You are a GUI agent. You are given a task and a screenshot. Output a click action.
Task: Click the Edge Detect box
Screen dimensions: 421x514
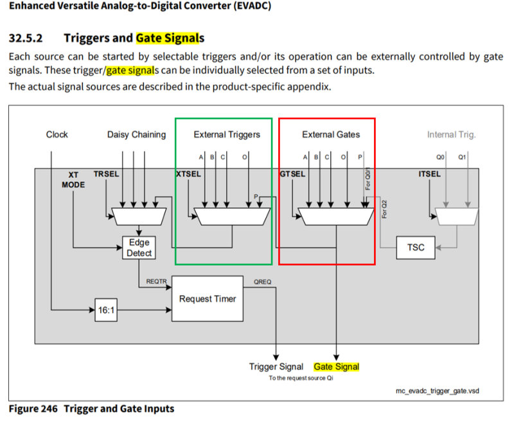coord(139,247)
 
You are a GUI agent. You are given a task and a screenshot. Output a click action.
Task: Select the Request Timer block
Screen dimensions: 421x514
coord(208,298)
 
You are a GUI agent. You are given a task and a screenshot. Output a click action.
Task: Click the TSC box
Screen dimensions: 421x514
coord(416,247)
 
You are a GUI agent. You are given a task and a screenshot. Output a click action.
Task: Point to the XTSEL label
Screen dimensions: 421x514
coord(188,174)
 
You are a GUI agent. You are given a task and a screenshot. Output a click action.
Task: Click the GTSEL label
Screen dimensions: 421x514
coord(292,174)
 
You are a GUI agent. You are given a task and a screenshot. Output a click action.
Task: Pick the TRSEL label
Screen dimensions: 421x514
coord(106,174)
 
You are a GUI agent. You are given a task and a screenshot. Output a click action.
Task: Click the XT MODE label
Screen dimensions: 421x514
coord(73,179)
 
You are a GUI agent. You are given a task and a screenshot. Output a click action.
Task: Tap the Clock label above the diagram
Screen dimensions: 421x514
coord(57,134)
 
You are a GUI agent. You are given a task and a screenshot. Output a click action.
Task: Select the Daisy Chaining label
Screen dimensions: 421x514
coord(136,134)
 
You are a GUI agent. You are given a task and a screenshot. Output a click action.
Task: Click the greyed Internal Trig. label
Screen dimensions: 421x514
coord(451,134)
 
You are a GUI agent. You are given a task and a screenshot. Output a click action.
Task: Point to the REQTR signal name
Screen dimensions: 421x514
coord(156,282)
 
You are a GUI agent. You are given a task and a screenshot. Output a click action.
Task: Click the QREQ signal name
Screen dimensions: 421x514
coord(262,282)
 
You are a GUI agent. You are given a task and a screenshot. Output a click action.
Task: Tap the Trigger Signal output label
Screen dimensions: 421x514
coord(276,367)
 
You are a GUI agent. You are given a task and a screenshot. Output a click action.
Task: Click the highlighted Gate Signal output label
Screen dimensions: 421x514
coord(336,367)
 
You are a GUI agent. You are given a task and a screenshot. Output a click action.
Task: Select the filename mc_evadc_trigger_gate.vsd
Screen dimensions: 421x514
coord(438,390)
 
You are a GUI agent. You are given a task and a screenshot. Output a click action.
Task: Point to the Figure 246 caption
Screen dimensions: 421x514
coord(91,409)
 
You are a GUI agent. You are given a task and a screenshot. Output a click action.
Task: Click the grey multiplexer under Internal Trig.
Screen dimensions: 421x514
coord(456,217)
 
